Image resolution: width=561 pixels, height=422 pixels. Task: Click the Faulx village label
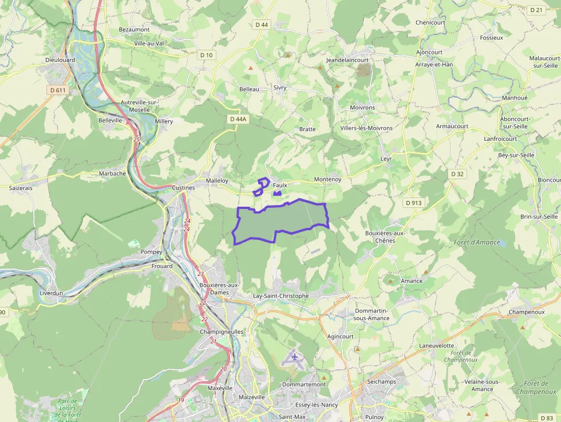point(280,186)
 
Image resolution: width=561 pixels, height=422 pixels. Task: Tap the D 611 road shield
point(57,90)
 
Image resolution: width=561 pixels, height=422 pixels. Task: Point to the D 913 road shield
point(413,203)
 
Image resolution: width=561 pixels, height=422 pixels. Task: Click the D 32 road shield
point(457,173)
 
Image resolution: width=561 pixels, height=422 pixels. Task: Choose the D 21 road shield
point(536,10)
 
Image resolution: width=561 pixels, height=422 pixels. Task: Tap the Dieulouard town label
point(60,60)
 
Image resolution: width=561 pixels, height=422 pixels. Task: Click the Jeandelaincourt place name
point(347,60)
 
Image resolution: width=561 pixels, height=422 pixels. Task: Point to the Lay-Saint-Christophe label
point(280,296)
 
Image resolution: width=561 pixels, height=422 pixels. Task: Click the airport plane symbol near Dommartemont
point(295,357)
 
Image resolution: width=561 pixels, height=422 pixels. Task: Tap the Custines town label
point(183,187)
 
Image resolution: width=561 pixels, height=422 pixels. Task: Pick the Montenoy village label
point(327,179)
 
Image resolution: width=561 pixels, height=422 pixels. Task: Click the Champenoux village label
point(526,312)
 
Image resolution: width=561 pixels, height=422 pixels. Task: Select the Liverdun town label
point(52,293)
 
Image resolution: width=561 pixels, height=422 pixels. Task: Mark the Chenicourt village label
point(430,22)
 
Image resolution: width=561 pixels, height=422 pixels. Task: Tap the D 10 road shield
point(206,55)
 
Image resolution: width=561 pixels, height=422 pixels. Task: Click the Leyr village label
point(386,159)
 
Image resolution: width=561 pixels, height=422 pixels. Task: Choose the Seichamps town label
point(381,382)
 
